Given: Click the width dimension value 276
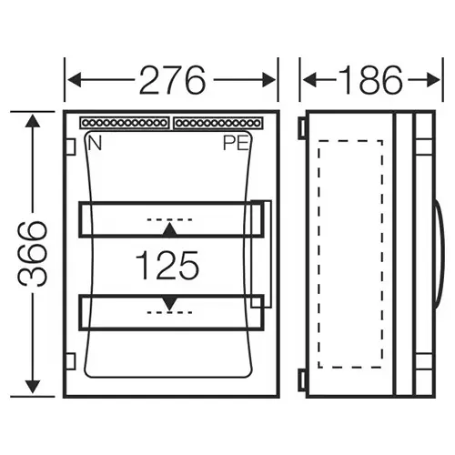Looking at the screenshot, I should pos(171,81).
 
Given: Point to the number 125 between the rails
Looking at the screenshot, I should pos(167,265).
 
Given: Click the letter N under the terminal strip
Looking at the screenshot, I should pos(93,142).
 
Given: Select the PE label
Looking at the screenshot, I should pos(234,143).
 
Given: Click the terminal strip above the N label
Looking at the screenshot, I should pos(124,122).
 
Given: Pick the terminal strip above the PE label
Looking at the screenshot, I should pos(217,122).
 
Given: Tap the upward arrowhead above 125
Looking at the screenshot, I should pos(168,227).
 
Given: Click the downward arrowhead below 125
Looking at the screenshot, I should pos(168,303).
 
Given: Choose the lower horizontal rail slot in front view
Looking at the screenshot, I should pos(168,311).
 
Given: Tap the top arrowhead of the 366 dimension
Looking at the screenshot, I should pos(34,119).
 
